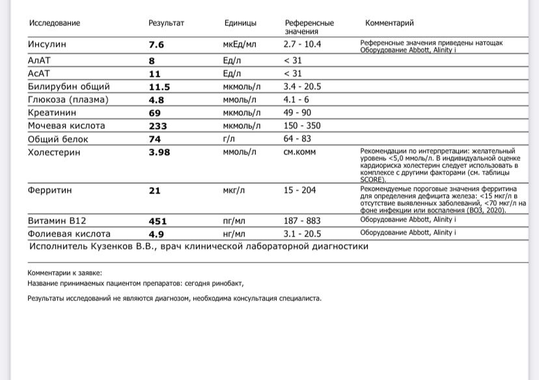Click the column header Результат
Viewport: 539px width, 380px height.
[x=166, y=23]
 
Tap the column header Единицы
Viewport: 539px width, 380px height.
[x=240, y=23]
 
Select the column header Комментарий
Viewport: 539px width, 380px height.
[x=389, y=23]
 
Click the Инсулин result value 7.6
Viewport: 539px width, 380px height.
[x=156, y=45]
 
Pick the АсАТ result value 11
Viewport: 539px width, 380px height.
[x=155, y=74]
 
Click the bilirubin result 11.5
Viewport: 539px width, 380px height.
[x=159, y=87]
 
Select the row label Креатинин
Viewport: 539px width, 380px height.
[x=51, y=113]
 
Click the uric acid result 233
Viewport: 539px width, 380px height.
[x=158, y=126]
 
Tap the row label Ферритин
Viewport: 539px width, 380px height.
[x=49, y=190]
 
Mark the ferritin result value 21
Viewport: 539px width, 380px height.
[x=155, y=190]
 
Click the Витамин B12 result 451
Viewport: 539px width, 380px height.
[x=158, y=221]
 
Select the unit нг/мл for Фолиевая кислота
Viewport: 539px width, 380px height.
[x=234, y=233]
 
